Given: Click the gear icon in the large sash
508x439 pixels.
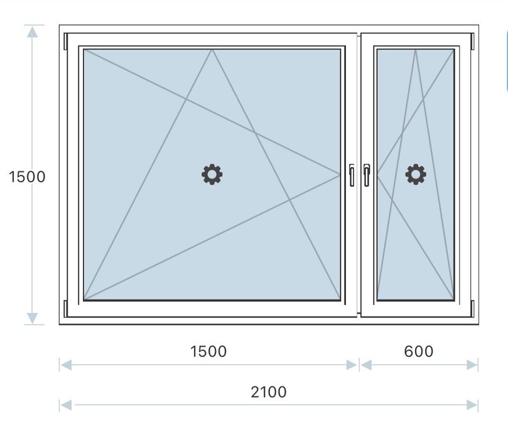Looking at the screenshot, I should (x=212, y=174).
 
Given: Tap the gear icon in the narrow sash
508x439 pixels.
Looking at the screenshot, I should (x=415, y=174).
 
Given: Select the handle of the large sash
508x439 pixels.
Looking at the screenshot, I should (x=351, y=175).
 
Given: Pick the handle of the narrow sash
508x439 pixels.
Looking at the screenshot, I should (x=366, y=175).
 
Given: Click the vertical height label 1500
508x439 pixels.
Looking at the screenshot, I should (x=27, y=177).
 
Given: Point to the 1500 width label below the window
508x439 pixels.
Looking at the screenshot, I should (x=208, y=351).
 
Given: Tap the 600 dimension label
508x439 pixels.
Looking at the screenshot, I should (x=419, y=351).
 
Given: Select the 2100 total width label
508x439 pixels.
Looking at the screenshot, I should (x=268, y=392).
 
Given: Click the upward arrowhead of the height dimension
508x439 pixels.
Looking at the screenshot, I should (x=33, y=31).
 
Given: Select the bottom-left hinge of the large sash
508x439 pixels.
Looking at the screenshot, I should (x=65, y=308).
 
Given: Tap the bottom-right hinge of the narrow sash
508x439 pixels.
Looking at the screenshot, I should (x=472, y=308).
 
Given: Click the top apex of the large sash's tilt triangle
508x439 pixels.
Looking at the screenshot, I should (x=212, y=50).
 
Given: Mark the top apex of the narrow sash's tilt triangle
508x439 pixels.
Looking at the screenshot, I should (x=415, y=50).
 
